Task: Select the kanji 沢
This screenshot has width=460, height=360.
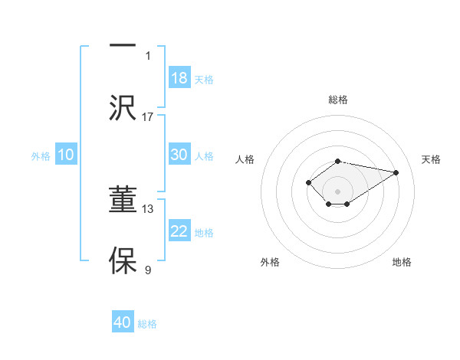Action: pyautogui.click(x=123, y=106)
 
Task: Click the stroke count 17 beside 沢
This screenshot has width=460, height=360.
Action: pyautogui.click(x=148, y=116)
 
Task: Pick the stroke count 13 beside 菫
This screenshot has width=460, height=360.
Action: pyautogui.click(x=148, y=208)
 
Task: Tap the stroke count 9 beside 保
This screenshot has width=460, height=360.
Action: pyautogui.click(x=148, y=270)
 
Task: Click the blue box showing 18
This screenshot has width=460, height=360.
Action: pyautogui.click(x=179, y=78)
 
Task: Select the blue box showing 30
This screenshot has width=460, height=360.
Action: pyautogui.click(x=179, y=155)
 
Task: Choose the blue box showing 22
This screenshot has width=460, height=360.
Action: pyautogui.click(x=179, y=231)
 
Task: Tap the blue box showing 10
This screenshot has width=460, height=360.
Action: pyautogui.click(x=66, y=155)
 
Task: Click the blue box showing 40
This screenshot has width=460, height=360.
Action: pyautogui.click(x=123, y=322)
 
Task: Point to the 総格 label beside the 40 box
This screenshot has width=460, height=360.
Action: pyautogui.click(x=148, y=324)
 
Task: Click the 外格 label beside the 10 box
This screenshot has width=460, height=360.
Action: pyautogui.click(x=41, y=156)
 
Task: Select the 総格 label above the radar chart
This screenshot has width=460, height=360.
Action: pyautogui.click(x=338, y=100)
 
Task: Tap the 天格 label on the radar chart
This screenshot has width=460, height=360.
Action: pyautogui.click(x=432, y=159)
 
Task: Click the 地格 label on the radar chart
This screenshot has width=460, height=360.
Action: pyautogui.click(x=402, y=262)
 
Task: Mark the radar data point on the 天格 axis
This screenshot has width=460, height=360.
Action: pyautogui.click(x=396, y=172)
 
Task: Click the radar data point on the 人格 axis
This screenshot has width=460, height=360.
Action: pyautogui.click(x=308, y=182)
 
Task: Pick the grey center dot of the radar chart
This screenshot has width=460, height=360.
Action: pyautogui.click(x=338, y=191)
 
